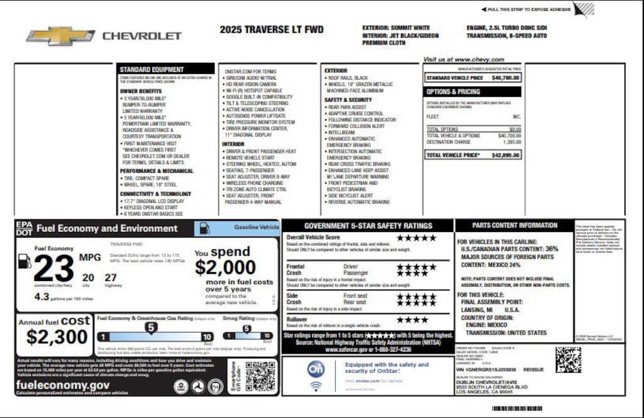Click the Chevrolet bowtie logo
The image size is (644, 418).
click(x=60, y=36)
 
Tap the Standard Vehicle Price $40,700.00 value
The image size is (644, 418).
click(x=505, y=78)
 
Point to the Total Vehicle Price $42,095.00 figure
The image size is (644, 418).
click(x=505, y=155)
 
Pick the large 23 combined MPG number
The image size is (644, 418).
click(x=55, y=269)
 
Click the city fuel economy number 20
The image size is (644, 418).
click(x=88, y=277)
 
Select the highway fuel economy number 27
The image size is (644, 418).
click(x=111, y=277)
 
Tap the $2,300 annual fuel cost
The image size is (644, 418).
click(x=57, y=337)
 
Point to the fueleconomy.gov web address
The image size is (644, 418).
click(x=63, y=385)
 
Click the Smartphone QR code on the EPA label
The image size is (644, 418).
click(x=259, y=377)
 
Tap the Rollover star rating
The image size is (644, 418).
click(x=412, y=320)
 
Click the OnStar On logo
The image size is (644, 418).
click(x=315, y=368)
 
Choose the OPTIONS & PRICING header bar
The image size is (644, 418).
click(x=472, y=92)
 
